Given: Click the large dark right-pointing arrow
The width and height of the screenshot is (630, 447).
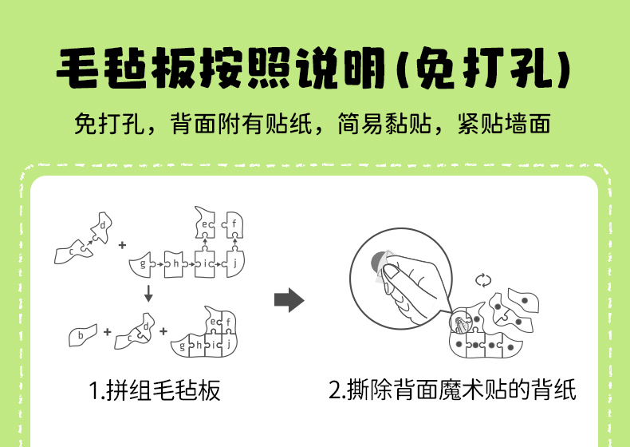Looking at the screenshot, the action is pyautogui.click(x=289, y=300).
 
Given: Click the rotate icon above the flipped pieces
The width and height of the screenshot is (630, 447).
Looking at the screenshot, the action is pyautogui.click(x=482, y=279).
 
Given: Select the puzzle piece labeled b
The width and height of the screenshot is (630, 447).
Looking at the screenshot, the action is pyautogui.click(x=81, y=334).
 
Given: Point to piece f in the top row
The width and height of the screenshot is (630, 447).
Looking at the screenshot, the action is pyautogui.click(x=234, y=224).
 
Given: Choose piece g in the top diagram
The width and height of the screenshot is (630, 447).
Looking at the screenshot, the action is pyautogui.click(x=144, y=263).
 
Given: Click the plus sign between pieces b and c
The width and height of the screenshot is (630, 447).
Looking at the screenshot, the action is pyautogui.click(x=107, y=331).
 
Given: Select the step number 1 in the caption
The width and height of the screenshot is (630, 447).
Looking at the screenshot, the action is pyautogui.click(x=93, y=391).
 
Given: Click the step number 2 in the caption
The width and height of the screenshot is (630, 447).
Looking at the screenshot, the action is pyautogui.click(x=336, y=391).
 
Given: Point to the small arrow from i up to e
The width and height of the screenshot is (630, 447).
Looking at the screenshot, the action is pyautogui.click(x=205, y=243).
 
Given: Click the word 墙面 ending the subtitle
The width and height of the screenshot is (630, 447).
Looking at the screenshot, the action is pyautogui.click(x=530, y=125).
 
